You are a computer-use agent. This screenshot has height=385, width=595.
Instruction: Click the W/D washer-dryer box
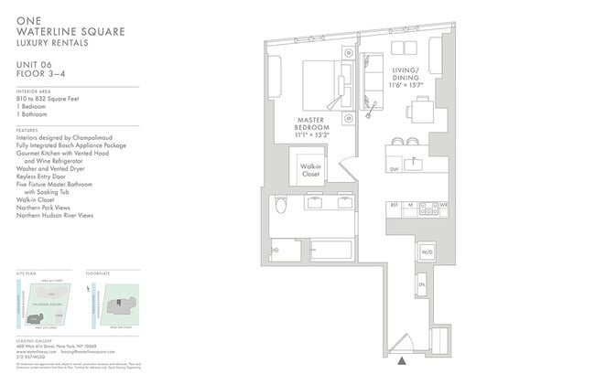427,251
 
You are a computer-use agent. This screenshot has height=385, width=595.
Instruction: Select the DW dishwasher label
394,169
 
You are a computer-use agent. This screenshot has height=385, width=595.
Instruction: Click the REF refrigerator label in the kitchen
394,206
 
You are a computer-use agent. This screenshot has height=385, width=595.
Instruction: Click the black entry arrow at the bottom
402,361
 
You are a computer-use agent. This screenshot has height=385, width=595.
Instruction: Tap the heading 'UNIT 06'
35,64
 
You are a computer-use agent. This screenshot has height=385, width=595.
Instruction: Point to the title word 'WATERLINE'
49,31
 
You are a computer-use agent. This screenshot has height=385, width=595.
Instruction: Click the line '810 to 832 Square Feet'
45,101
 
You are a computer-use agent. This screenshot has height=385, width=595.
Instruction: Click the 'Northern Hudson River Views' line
55,216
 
